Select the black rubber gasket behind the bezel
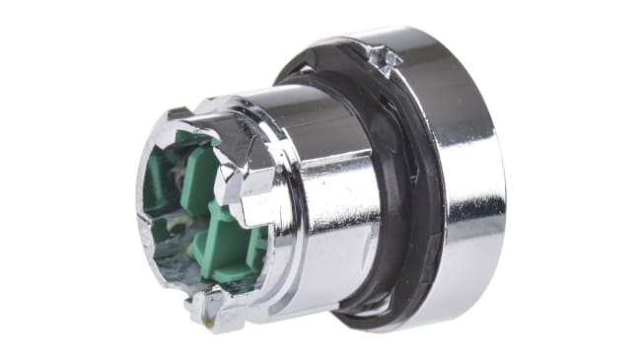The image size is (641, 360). pyautogui.click(x=419, y=187)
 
